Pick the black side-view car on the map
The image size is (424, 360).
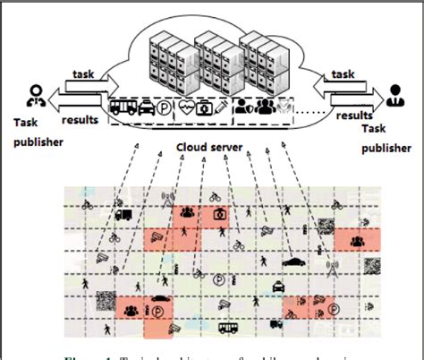pos(295,262)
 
